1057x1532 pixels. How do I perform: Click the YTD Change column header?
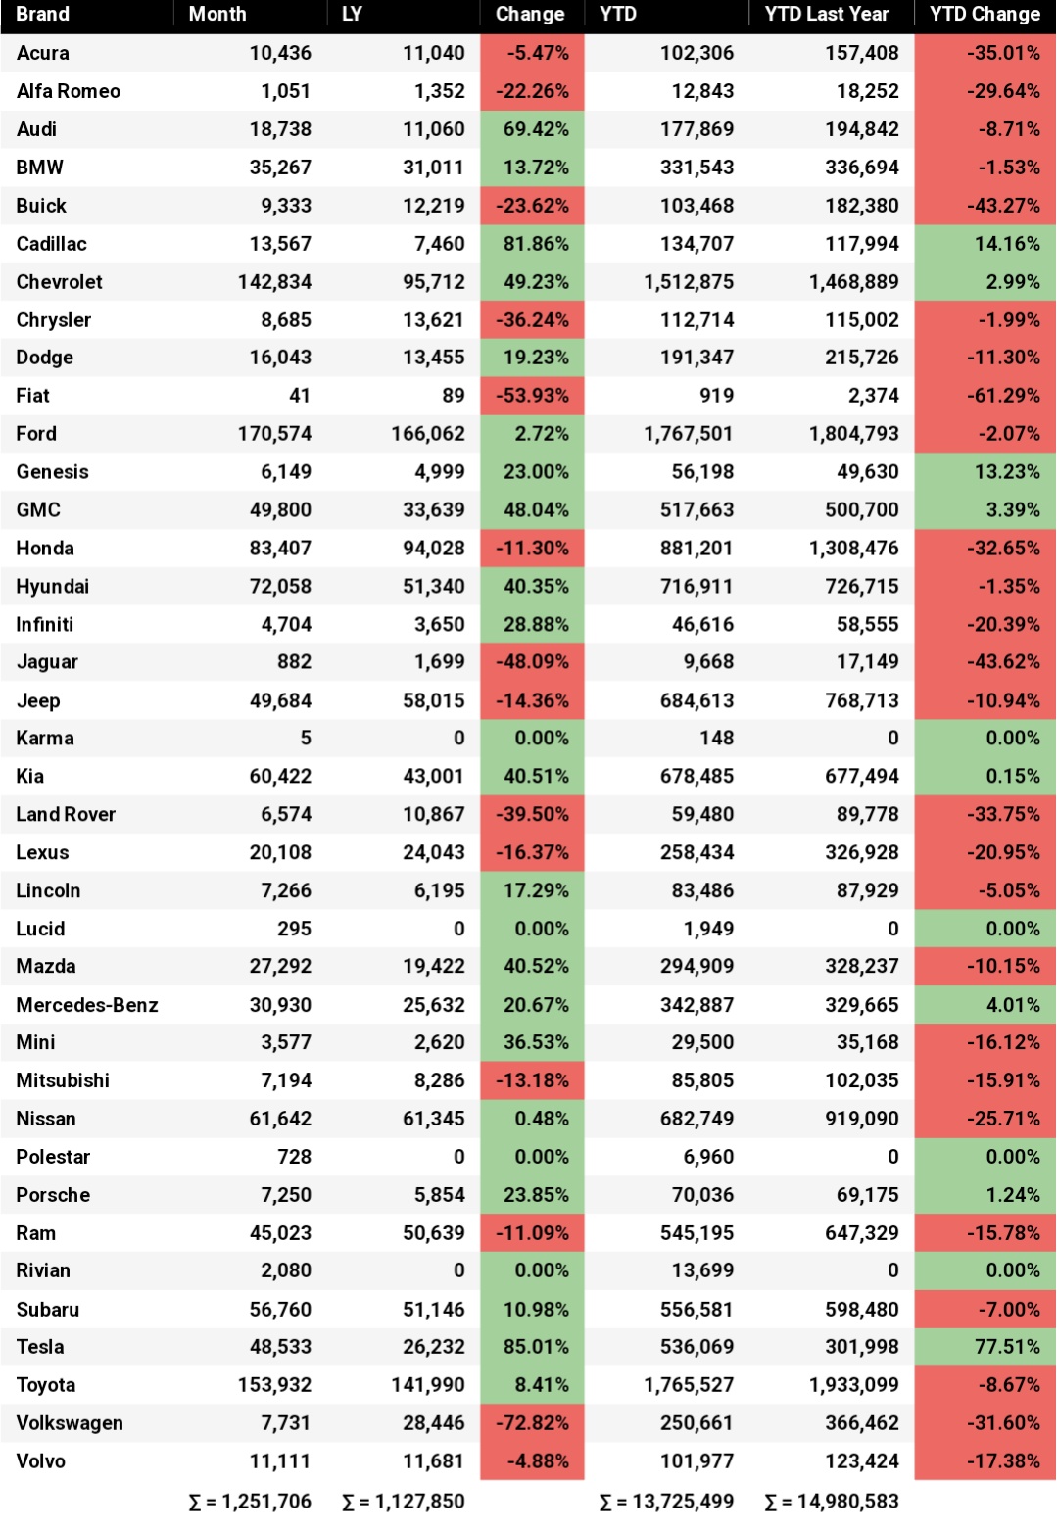click(985, 15)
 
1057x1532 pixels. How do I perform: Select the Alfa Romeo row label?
click(69, 91)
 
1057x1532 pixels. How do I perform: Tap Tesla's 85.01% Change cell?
click(536, 1347)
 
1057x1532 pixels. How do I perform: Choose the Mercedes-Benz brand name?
click(87, 1005)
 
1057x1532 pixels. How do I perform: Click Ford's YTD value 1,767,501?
click(689, 434)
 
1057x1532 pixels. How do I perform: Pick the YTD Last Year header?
click(827, 15)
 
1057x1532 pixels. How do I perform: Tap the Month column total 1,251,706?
click(250, 1502)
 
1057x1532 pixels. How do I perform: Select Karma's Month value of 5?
click(305, 738)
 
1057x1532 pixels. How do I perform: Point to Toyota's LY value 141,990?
click(427, 1385)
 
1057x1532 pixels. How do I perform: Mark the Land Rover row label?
click(66, 814)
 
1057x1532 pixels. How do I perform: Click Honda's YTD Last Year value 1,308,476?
click(854, 548)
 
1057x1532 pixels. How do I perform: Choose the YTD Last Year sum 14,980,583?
click(832, 1502)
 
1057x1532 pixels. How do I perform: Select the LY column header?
click(352, 15)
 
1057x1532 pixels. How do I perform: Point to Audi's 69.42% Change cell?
click(536, 129)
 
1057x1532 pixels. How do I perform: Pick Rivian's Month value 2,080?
click(285, 1270)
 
